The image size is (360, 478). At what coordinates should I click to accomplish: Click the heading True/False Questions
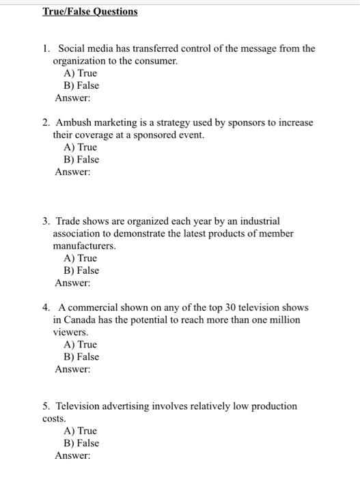pos(89,12)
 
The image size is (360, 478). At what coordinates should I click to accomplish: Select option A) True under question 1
pos(80,73)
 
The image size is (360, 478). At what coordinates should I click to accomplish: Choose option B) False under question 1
pos(81,85)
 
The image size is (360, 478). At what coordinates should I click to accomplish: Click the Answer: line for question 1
pos(72,98)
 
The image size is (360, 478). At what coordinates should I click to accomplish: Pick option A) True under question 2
pos(80,147)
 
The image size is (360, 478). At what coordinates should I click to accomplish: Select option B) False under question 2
pos(81,159)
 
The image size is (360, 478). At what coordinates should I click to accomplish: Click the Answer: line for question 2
pos(72,171)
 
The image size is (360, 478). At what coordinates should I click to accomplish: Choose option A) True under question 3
pos(80,258)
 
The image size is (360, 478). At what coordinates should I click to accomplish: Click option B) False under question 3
pos(81,270)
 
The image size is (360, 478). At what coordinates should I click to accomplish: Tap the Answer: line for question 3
pos(72,283)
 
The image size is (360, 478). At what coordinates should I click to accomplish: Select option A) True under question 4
pos(80,345)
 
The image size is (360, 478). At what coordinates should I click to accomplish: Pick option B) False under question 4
pos(81,357)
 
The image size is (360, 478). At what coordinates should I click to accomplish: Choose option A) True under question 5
pos(80,431)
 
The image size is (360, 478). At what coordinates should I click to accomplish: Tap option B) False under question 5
pos(81,443)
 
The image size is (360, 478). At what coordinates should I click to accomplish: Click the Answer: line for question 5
pos(72,455)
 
